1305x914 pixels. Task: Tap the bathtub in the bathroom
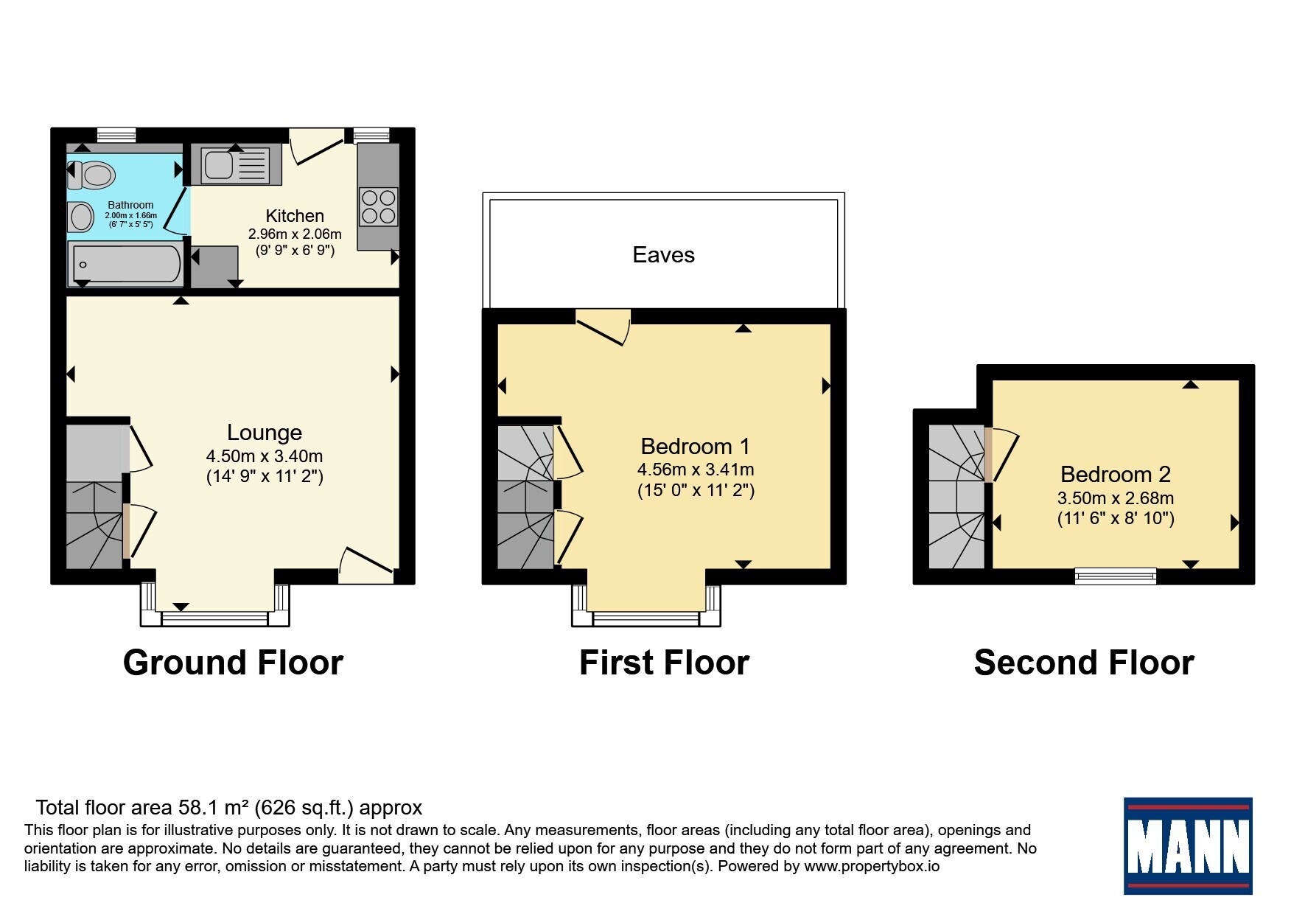tap(125, 265)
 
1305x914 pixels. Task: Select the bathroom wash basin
tap(80, 217)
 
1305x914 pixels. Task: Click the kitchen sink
tap(236, 164)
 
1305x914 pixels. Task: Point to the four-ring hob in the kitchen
tap(378, 206)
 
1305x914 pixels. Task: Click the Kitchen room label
tap(295, 216)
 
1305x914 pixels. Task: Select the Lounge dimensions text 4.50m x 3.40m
tap(265, 456)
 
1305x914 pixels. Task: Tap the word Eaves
tap(663, 255)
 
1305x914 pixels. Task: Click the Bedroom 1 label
tap(695, 446)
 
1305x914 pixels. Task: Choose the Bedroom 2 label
tap(1116, 474)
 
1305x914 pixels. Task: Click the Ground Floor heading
tap(233, 663)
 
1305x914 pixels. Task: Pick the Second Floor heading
tap(1084, 663)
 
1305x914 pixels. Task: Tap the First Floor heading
tap(664, 663)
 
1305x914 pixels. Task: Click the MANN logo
tap(1188, 846)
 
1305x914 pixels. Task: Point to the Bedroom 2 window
tap(1116, 576)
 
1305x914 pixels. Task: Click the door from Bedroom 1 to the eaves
tap(603, 327)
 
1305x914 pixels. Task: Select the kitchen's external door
tap(317, 147)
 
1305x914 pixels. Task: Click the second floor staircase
tap(956, 497)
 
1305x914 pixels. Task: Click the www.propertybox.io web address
tap(872, 866)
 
